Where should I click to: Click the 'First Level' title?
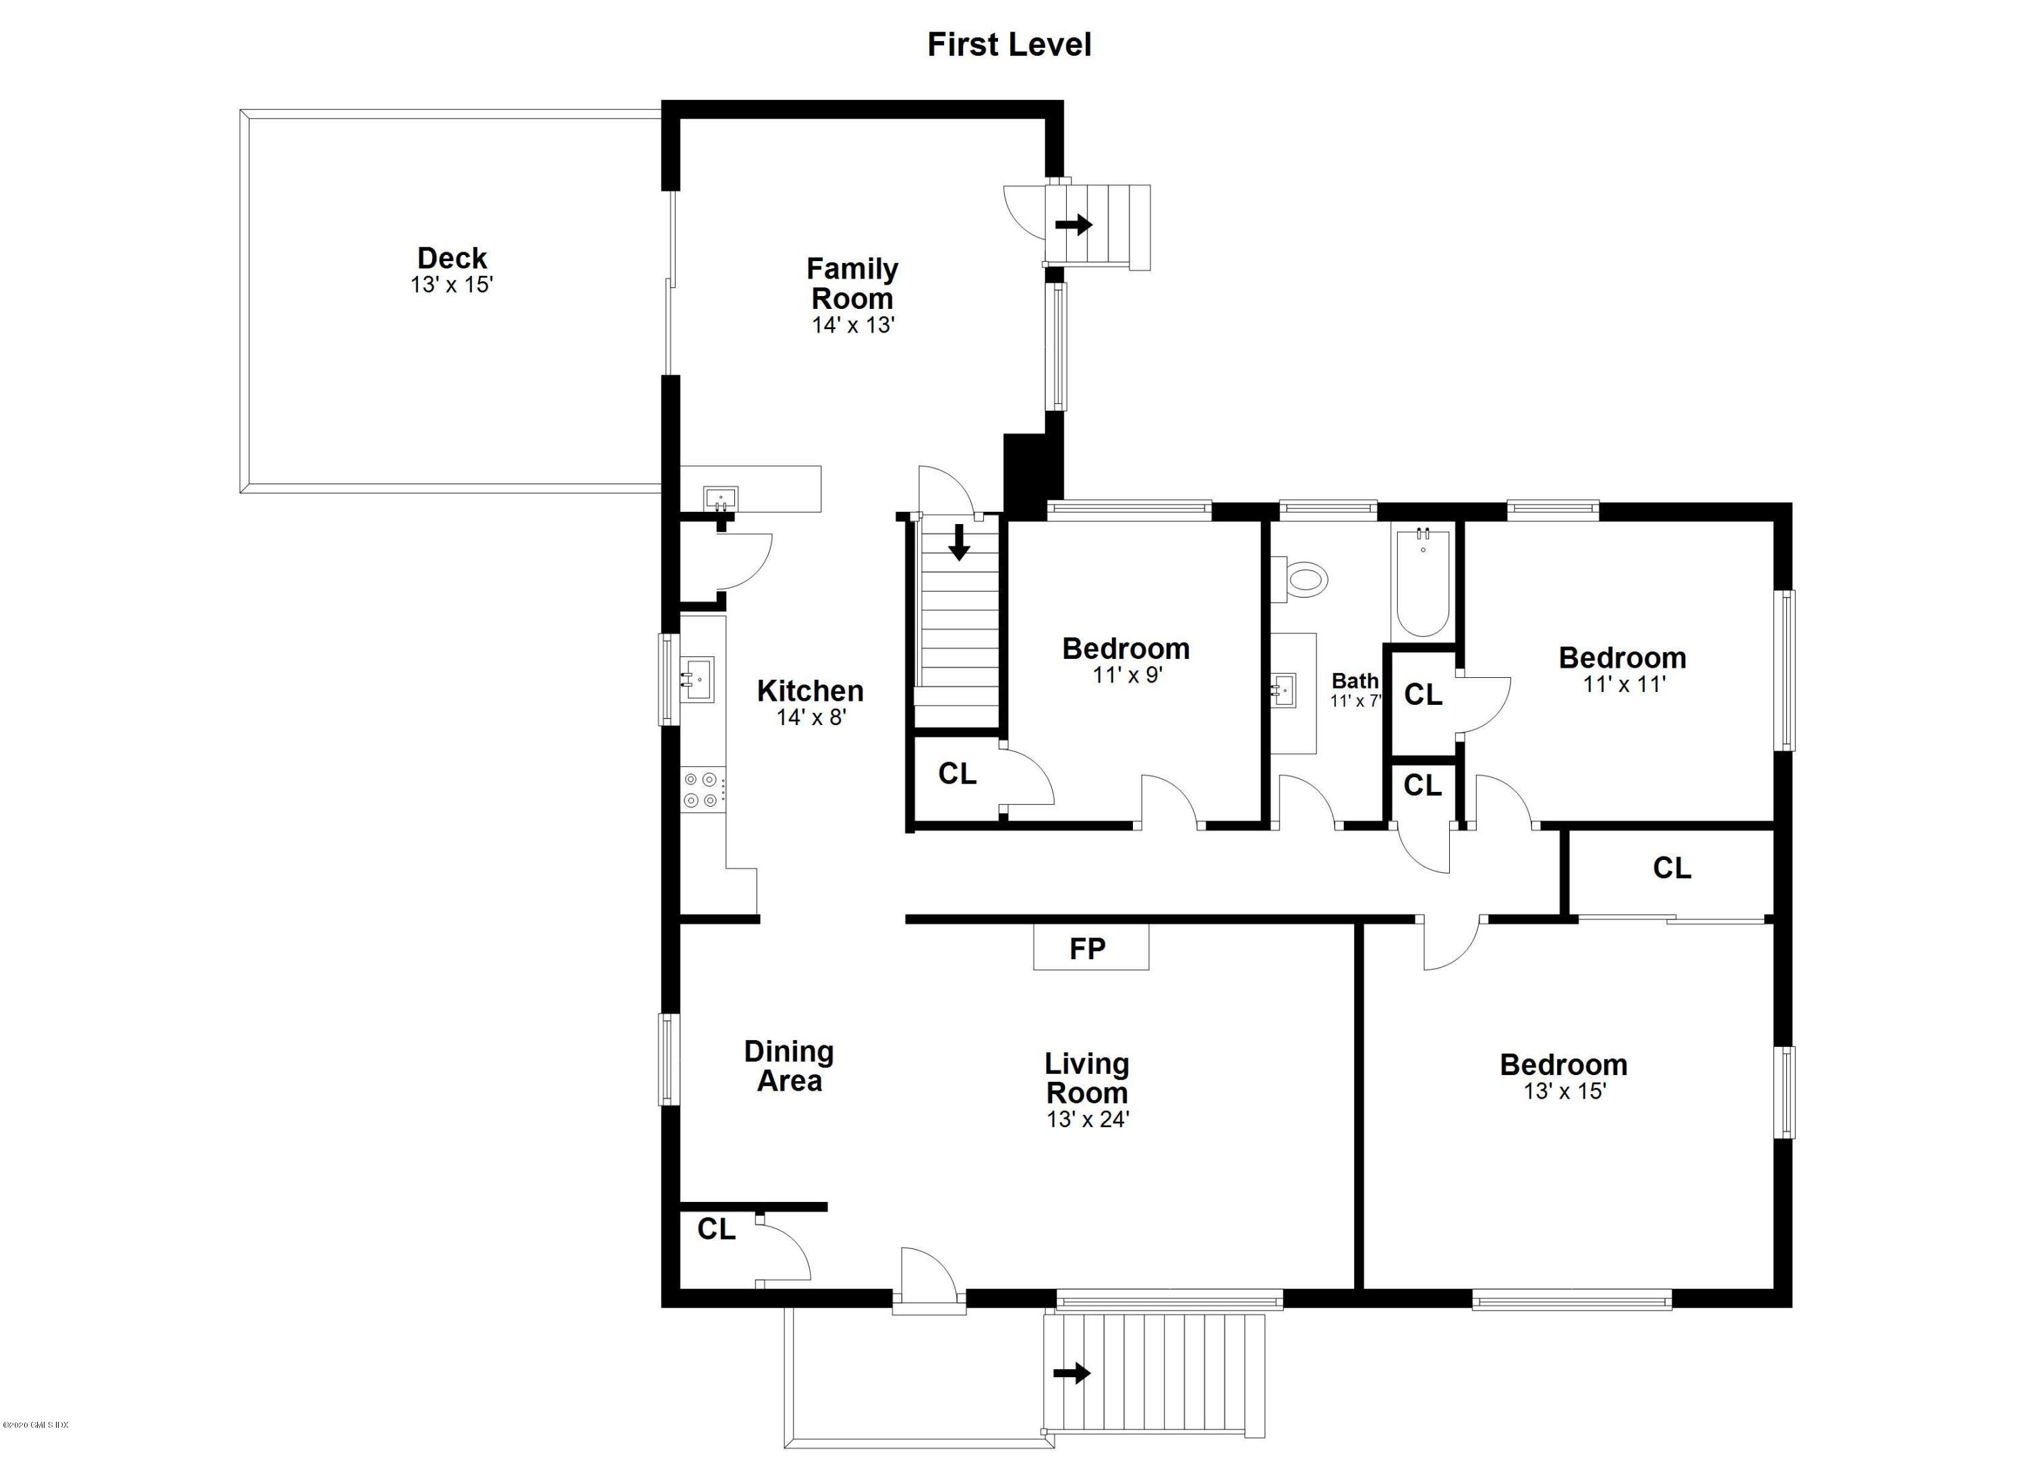point(1009,45)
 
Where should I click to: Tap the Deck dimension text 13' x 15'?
point(451,285)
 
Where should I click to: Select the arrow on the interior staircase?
point(959,542)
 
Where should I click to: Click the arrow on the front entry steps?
point(1072,1373)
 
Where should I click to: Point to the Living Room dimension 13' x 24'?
point(1087,1119)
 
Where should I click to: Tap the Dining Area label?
point(788,1066)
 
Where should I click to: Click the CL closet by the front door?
point(716,1230)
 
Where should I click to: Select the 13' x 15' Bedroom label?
point(1564,1065)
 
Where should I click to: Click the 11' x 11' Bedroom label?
point(1622,658)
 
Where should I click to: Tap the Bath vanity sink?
point(1285,689)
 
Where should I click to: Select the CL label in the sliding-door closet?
point(1672,868)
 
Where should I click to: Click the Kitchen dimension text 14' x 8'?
point(811,717)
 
